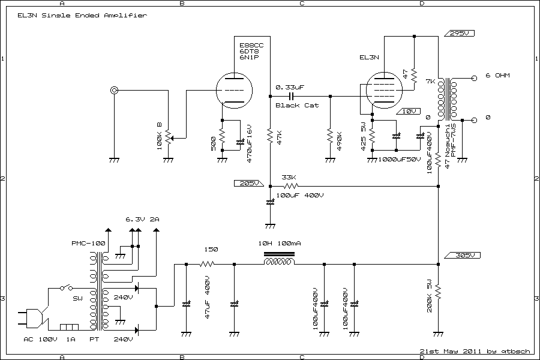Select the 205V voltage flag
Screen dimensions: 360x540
tap(247, 183)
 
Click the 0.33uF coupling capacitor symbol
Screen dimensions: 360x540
tap(292, 96)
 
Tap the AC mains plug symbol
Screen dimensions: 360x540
tap(34, 318)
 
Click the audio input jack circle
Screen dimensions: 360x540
tap(114, 91)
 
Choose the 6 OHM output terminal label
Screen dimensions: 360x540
tap(497, 76)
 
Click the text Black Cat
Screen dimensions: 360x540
tap(297, 106)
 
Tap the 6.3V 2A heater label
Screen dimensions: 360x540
tap(142, 219)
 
